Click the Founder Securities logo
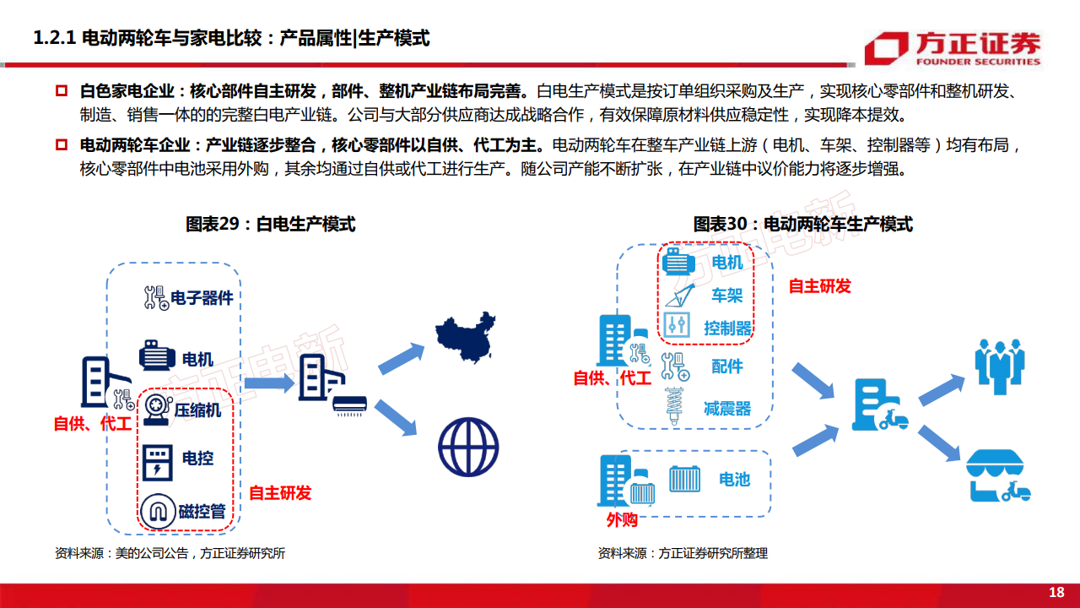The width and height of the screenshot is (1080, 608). (953, 48)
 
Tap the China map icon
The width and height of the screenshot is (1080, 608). (465, 337)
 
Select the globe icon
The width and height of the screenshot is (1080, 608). (468, 447)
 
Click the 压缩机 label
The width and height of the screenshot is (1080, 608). (197, 410)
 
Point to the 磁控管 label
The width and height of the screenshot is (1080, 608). (202, 511)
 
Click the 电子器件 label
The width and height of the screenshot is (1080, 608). (202, 298)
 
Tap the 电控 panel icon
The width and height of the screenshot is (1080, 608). (158, 462)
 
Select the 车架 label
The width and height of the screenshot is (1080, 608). (727, 296)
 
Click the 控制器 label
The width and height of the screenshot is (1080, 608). (727, 328)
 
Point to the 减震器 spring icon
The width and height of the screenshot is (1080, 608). (675, 406)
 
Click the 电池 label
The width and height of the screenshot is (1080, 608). (734, 479)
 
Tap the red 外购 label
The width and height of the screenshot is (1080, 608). (622, 519)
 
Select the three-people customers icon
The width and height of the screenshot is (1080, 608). (1000, 366)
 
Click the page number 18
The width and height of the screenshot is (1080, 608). (1056, 592)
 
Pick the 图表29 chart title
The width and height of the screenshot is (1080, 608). (271, 225)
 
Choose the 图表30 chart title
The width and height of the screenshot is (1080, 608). (802, 225)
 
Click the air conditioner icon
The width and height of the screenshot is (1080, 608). (349, 406)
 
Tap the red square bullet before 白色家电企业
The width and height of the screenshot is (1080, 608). (62, 90)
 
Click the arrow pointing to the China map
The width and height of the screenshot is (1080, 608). (401, 359)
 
